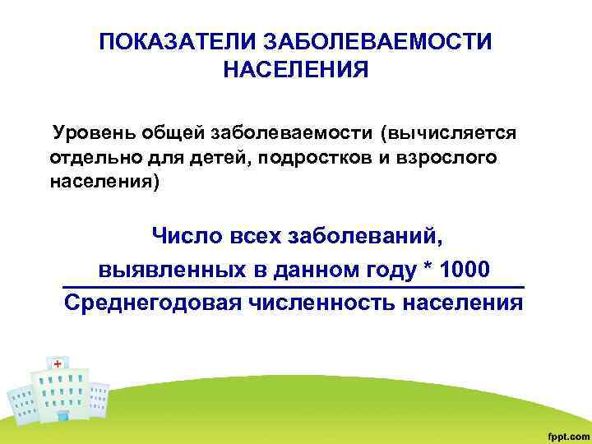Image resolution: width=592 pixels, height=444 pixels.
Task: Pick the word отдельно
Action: (x=89, y=157)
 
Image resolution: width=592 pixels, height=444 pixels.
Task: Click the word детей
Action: (x=220, y=157)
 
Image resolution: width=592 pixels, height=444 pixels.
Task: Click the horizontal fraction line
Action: (x=294, y=286)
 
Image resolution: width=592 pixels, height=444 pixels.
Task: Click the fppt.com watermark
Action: (x=563, y=432)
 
